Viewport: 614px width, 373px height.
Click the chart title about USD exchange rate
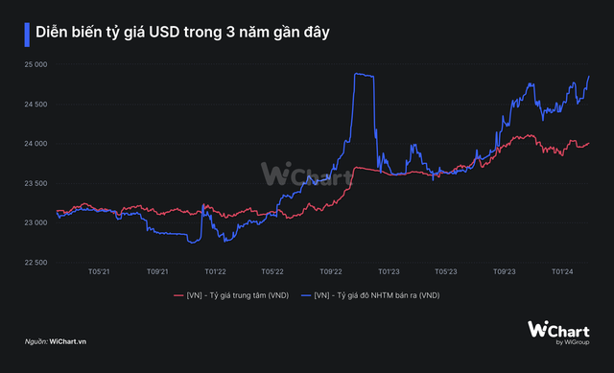click(x=182, y=33)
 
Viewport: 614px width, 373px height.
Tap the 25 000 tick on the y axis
click(x=35, y=64)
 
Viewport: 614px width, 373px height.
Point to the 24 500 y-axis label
click(x=35, y=105)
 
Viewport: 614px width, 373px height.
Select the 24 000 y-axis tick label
click(x=35, y=144)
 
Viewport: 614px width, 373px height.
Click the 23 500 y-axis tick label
click(x=35, y=183)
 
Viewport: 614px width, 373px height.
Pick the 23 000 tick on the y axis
click(x=35, y=222)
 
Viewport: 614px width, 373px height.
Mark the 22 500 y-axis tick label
click(x=35, y=262)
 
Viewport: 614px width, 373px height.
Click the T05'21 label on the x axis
click(x=99, y=271)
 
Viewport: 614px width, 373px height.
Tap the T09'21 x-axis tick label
click(x=157, y=271)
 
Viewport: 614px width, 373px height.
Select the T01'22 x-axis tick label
click(x=215, y=271)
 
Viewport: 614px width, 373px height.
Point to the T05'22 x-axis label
click(x=272, y=271)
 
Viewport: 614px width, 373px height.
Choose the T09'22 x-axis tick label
click(x=331, y=271)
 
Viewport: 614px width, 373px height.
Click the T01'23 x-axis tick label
click(x=389, y=271)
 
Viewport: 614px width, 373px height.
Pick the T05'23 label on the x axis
click(x=446, y=271)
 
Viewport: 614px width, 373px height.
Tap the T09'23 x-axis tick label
click(x=505, y=271)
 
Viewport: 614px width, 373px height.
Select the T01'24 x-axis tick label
click(x=562, y=271)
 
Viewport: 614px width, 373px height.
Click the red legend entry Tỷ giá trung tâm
click(x=231, y=295)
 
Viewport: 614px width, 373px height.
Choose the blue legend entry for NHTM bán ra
click(x=370, y=295)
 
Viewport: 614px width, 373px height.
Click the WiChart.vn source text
click(x=68, y=341)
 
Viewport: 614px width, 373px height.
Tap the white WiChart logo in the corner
click(x=558, y=333)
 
